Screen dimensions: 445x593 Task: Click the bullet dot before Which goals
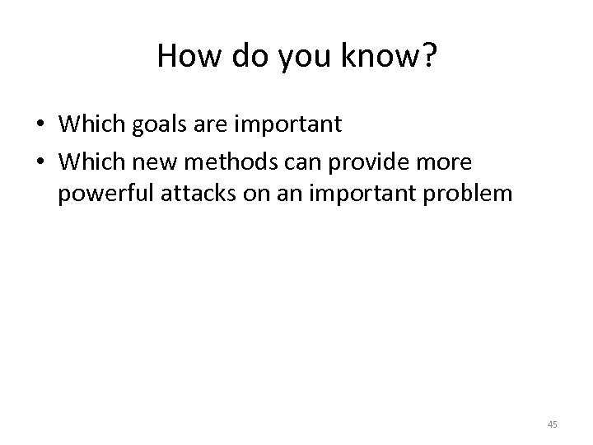click(x=40, y=125)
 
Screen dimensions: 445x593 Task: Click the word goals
click(x=145, y=124)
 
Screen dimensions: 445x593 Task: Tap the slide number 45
click(x=552, y=424)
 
